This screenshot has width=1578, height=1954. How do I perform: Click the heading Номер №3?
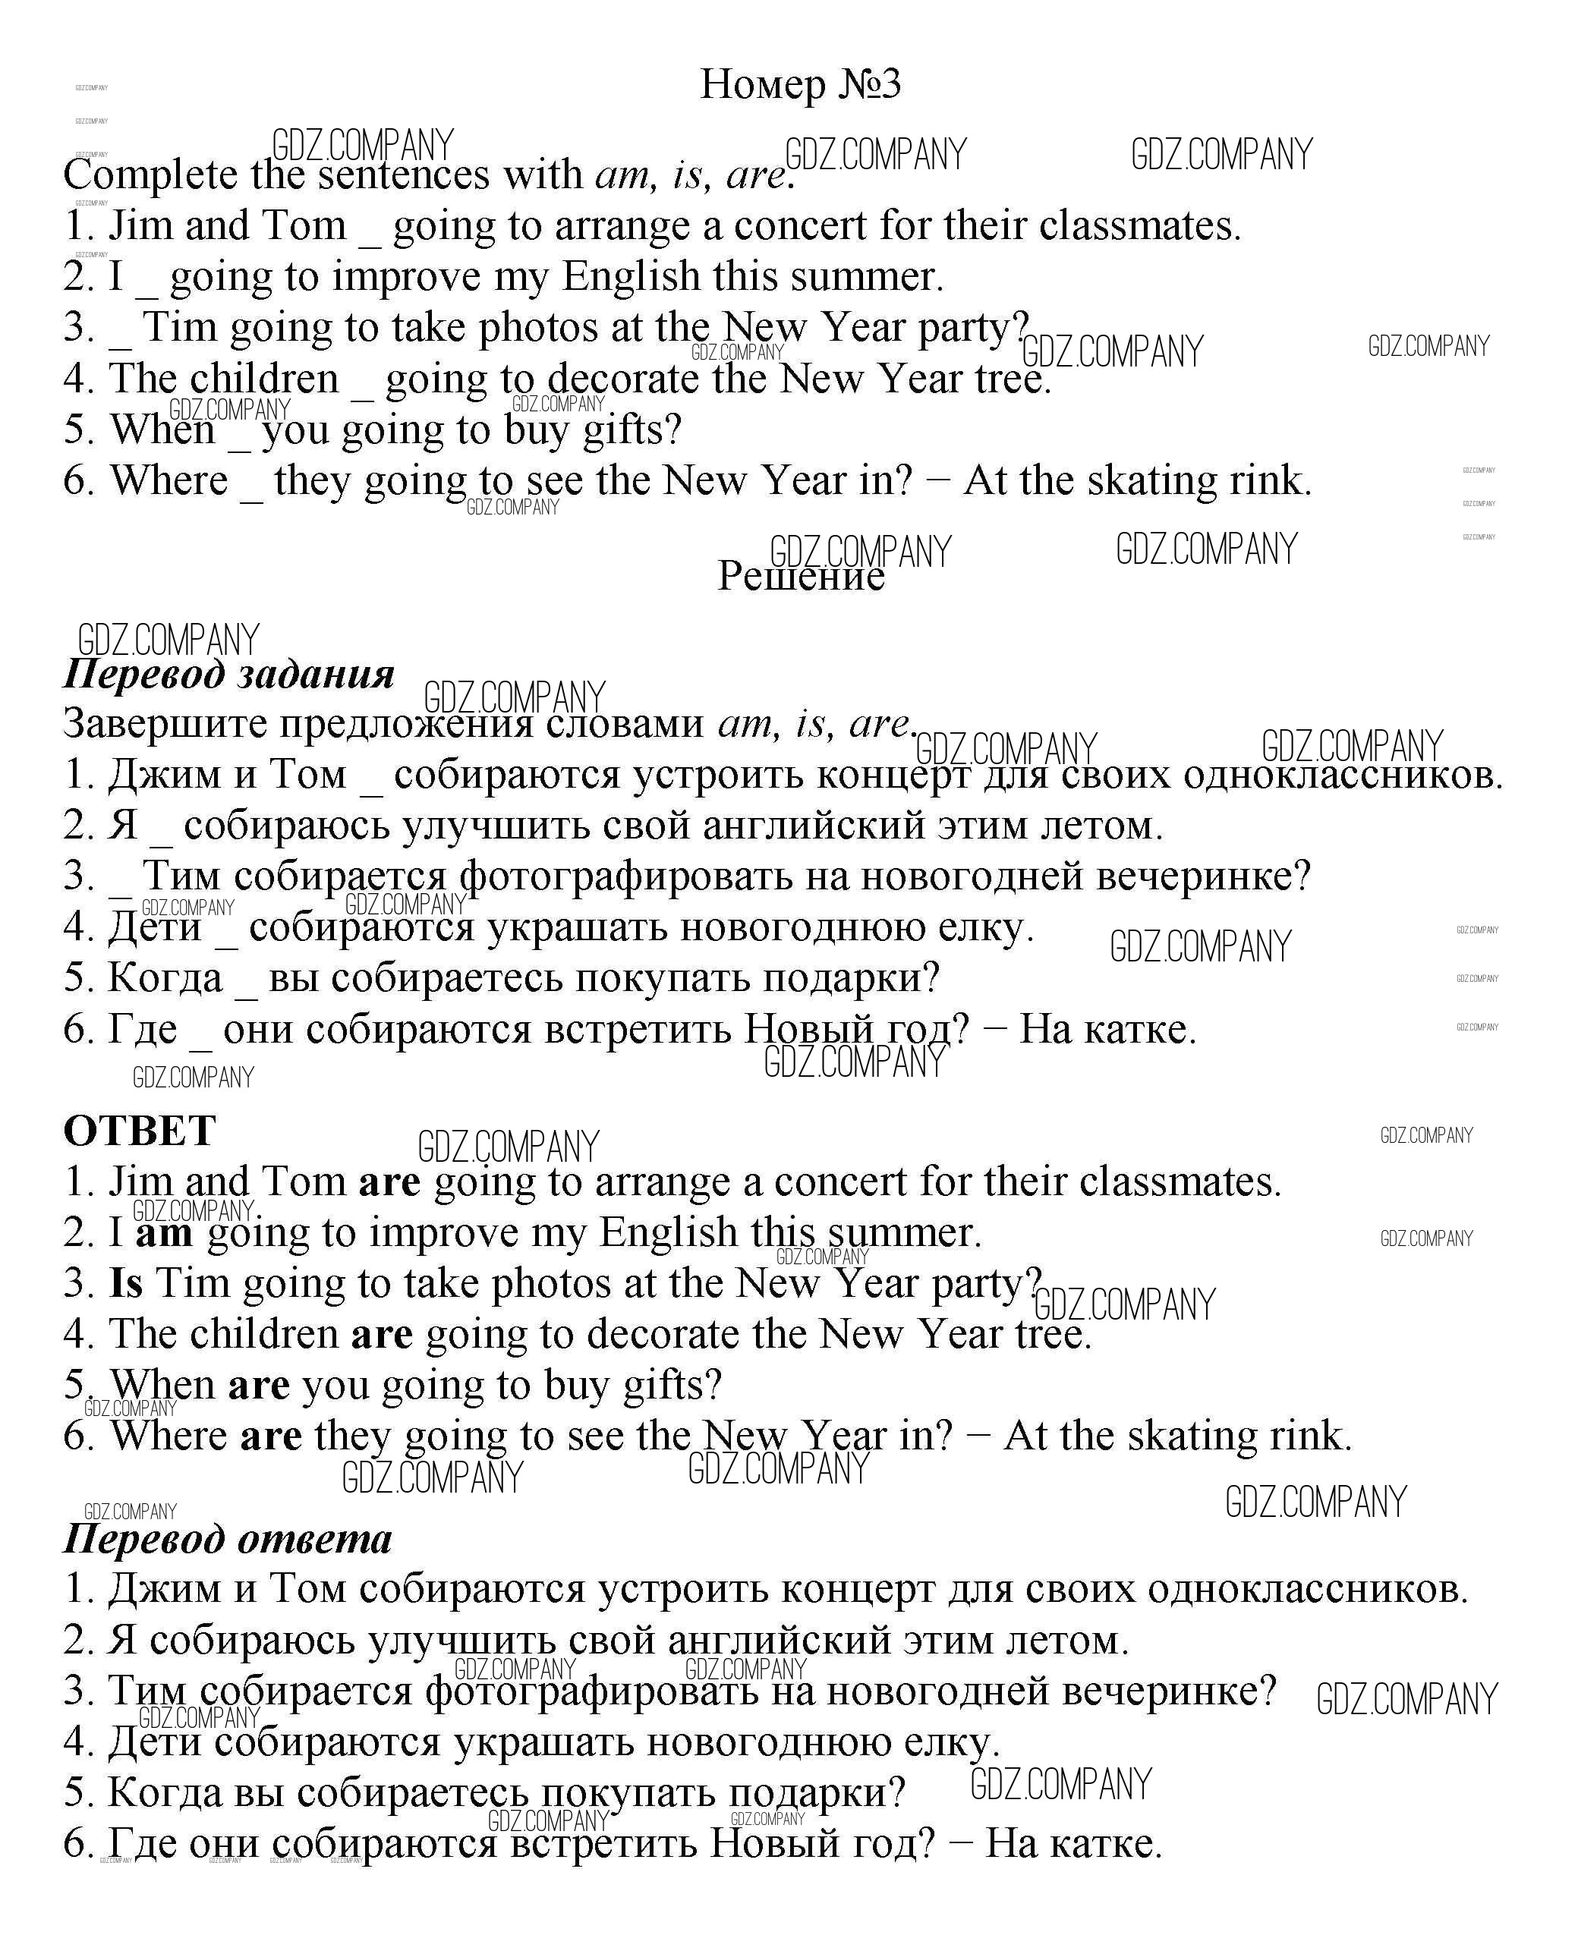coord(800,84)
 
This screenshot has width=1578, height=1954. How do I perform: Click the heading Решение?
coord(800,576)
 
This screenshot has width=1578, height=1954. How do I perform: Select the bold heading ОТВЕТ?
coord(139,1131)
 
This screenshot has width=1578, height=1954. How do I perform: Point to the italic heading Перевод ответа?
coord(227,1539)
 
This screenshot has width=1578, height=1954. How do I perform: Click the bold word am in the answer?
coord(165,1233)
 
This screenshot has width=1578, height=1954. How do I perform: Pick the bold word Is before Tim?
coord(126,1283)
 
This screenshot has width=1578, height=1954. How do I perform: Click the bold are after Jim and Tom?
coord(389,1182)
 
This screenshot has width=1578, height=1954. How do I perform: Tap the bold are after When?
coord(258,1385)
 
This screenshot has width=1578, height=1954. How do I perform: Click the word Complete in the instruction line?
coord(150,175)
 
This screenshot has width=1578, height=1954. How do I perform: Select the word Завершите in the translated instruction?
coord(165,725)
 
